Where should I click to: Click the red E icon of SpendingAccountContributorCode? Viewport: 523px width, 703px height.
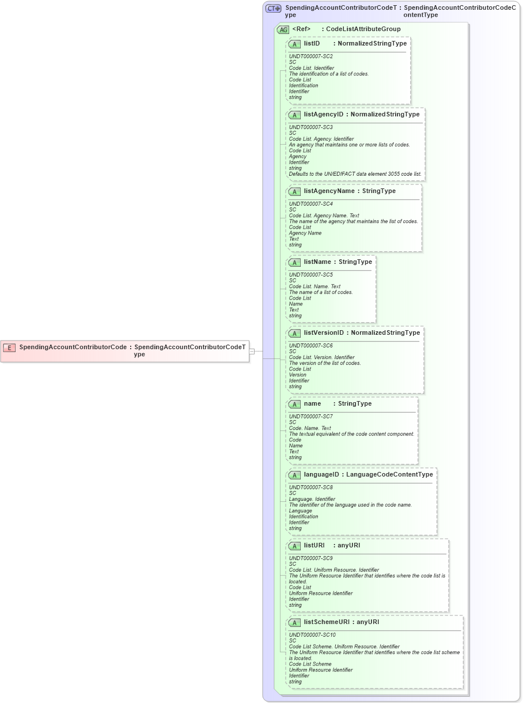tap(9, 347)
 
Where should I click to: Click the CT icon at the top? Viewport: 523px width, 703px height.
tap(273, 8)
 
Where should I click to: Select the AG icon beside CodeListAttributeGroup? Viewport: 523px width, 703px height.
tap(283, 29)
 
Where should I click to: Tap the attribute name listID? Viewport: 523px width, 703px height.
tap(312, 43)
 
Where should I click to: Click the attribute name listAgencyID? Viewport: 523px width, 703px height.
tap(323, 114)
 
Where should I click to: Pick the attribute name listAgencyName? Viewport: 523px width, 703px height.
tap(329, 191)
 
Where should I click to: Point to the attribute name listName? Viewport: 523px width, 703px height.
tap(317, 262)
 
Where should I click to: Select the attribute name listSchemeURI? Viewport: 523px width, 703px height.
tap(326, 622)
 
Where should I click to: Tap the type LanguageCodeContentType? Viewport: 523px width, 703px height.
tap(389, 474)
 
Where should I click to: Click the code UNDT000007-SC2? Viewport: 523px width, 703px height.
tap(310, 56)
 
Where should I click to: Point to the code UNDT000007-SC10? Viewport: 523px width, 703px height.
tap(312, 635)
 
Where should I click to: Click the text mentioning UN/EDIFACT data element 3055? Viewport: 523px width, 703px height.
tap(355, 174)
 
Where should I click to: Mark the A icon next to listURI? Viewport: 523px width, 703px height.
tap(294, 546)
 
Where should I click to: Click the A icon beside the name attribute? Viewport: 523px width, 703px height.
tap(294, 404)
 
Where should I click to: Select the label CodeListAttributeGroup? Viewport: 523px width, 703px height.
tap(363, 29)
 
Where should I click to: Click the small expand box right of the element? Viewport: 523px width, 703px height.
tap(252, 351)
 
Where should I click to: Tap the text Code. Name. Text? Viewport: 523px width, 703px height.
tap(310, 428)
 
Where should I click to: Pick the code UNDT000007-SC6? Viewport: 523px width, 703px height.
tap(310, 346)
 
